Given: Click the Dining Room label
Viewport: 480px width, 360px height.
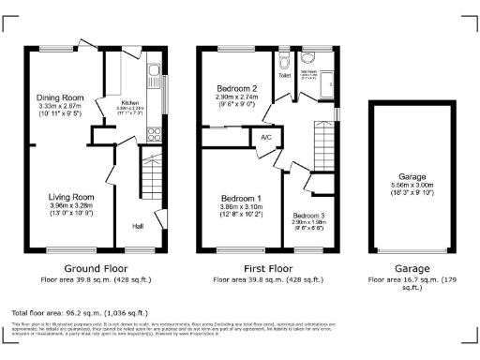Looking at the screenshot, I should (x=60, y=97).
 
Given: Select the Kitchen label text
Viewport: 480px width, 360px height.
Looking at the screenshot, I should (x=129, y=103).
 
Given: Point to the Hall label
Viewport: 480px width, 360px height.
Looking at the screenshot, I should (x=137, y=226).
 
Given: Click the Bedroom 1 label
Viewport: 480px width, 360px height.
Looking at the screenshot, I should (x=241, y=199).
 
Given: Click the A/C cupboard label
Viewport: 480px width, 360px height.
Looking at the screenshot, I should (x=264, y=137).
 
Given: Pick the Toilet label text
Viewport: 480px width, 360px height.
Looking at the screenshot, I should (x=285, y=76).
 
